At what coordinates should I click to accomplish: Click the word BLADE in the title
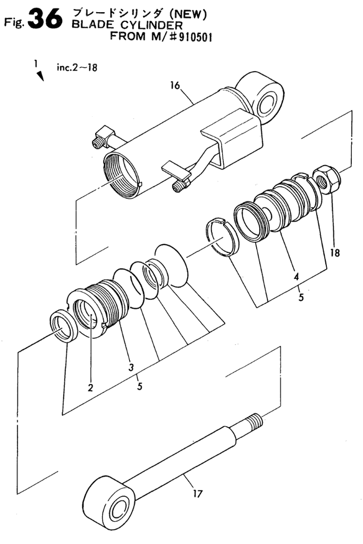tap(88, 25)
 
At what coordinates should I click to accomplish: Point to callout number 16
tap(175, 86)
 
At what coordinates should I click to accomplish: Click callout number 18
tap(335, 252)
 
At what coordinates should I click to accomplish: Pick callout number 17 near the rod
tap(198, 493)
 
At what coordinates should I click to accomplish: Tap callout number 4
tap(296, 276)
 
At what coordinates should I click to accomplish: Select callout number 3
tap(131, 368)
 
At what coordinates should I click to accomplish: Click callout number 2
tap(90, 387)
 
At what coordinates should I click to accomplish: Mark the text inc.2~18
tap(77, 67)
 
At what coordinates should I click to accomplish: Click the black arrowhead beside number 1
tap(40, 75)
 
